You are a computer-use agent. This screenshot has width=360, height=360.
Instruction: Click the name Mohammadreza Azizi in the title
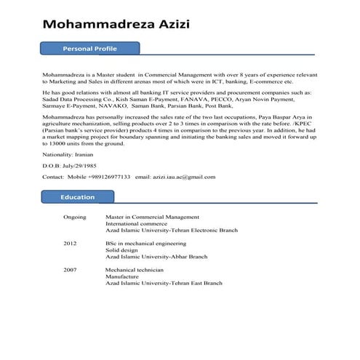point(116,25)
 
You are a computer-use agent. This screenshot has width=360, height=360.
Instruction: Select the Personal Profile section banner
point(90,49)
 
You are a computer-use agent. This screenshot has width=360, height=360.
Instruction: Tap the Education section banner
point(78,197)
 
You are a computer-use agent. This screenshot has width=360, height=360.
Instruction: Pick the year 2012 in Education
point(70,243)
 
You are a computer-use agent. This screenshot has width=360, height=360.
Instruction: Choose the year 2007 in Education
point(70,270)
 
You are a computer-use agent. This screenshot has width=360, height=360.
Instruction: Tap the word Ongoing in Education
point(75,217)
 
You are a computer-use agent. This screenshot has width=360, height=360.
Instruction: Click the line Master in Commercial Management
point(152,217)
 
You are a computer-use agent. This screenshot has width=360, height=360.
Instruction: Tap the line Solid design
point(122,249)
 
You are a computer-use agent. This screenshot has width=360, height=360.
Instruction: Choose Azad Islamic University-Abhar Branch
point(156,256)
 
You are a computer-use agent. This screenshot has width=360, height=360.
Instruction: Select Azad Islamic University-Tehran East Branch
point(164,283)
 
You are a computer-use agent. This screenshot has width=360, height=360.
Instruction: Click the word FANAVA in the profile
point(201,100)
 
